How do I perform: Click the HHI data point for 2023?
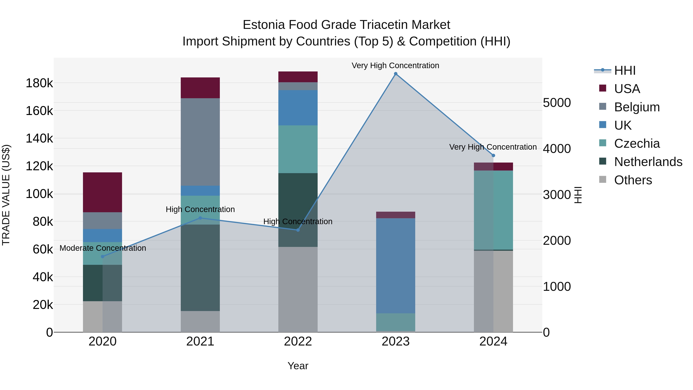coord(395,74)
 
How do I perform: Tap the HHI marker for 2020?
coord(102,257)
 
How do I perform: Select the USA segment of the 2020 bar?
coord(102,192)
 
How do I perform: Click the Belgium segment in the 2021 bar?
coord(200,142)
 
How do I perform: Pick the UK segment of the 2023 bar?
coord(395,266)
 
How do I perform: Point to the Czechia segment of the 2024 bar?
coord(493,210)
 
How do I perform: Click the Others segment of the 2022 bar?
coord(298,289)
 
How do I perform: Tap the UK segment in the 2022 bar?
coord(298,108)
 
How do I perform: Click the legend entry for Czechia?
coord(637,143)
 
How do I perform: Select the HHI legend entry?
coord(625,70)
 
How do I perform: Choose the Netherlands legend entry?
coord(648,162)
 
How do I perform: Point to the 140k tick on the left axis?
coord(39,139)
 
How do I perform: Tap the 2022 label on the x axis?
coord(298,341)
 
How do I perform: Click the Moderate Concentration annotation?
coord(103,248)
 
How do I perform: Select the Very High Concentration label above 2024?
coord(493,147)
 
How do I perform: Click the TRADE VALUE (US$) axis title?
coord(6,195)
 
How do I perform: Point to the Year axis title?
coord(298,366)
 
